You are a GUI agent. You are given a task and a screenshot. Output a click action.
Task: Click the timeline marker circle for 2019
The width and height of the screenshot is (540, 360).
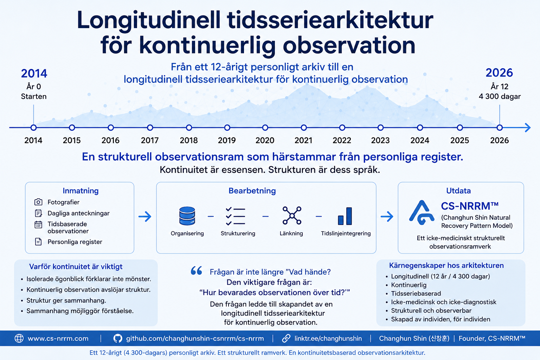click(x=227, y=128)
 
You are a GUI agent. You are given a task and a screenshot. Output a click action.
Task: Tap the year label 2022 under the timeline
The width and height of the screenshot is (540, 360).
click(x=342, y=140)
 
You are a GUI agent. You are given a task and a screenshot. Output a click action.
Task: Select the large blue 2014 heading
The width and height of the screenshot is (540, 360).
click(x=34, y=73)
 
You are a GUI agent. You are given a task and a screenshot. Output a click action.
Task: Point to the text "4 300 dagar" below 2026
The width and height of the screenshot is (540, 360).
click(x=500, y=96)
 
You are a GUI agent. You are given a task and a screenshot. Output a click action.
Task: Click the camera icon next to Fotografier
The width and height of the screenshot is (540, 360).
click(x=38, y=202)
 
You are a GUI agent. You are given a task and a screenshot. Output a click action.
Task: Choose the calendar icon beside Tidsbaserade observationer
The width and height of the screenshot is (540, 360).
click(x=38, y=225)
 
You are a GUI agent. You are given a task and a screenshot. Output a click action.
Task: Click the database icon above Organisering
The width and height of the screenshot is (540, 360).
click(x=187, y=216)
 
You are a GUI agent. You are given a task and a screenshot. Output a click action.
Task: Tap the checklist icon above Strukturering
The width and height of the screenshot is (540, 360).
click(x=236, y=216)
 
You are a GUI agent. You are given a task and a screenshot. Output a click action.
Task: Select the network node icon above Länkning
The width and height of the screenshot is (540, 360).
click(x=292, y=215)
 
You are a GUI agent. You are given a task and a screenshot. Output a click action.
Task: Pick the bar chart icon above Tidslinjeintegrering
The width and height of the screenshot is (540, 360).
click(x=345, y=216)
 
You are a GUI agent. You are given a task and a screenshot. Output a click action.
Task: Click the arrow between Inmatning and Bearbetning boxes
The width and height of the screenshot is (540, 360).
click(x=145, y=216)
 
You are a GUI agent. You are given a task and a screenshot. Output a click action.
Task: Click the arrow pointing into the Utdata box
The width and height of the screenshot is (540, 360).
click(x=387, y=216)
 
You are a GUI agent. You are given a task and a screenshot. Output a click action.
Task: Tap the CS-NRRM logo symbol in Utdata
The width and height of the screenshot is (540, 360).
click(x=422, y=213)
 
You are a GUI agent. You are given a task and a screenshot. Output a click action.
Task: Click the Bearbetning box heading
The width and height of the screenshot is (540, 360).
click(x=252, y=191)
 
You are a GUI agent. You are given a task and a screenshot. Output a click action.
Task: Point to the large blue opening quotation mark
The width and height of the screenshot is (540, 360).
click(x=197, y=271)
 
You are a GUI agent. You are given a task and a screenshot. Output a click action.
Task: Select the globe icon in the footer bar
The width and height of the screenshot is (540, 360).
click(x=19, y=338)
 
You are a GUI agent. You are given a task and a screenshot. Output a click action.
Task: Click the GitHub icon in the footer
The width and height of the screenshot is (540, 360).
click(x=118, y=338)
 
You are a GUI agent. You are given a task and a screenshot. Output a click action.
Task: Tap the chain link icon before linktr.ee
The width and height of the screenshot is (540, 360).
click(x=286, y=338)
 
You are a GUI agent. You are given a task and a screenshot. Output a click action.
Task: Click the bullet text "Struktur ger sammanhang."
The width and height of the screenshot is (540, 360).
click(x=66, y=301)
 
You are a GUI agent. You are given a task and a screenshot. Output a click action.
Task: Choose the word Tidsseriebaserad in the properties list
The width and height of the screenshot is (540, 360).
click(x=416, y=294)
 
